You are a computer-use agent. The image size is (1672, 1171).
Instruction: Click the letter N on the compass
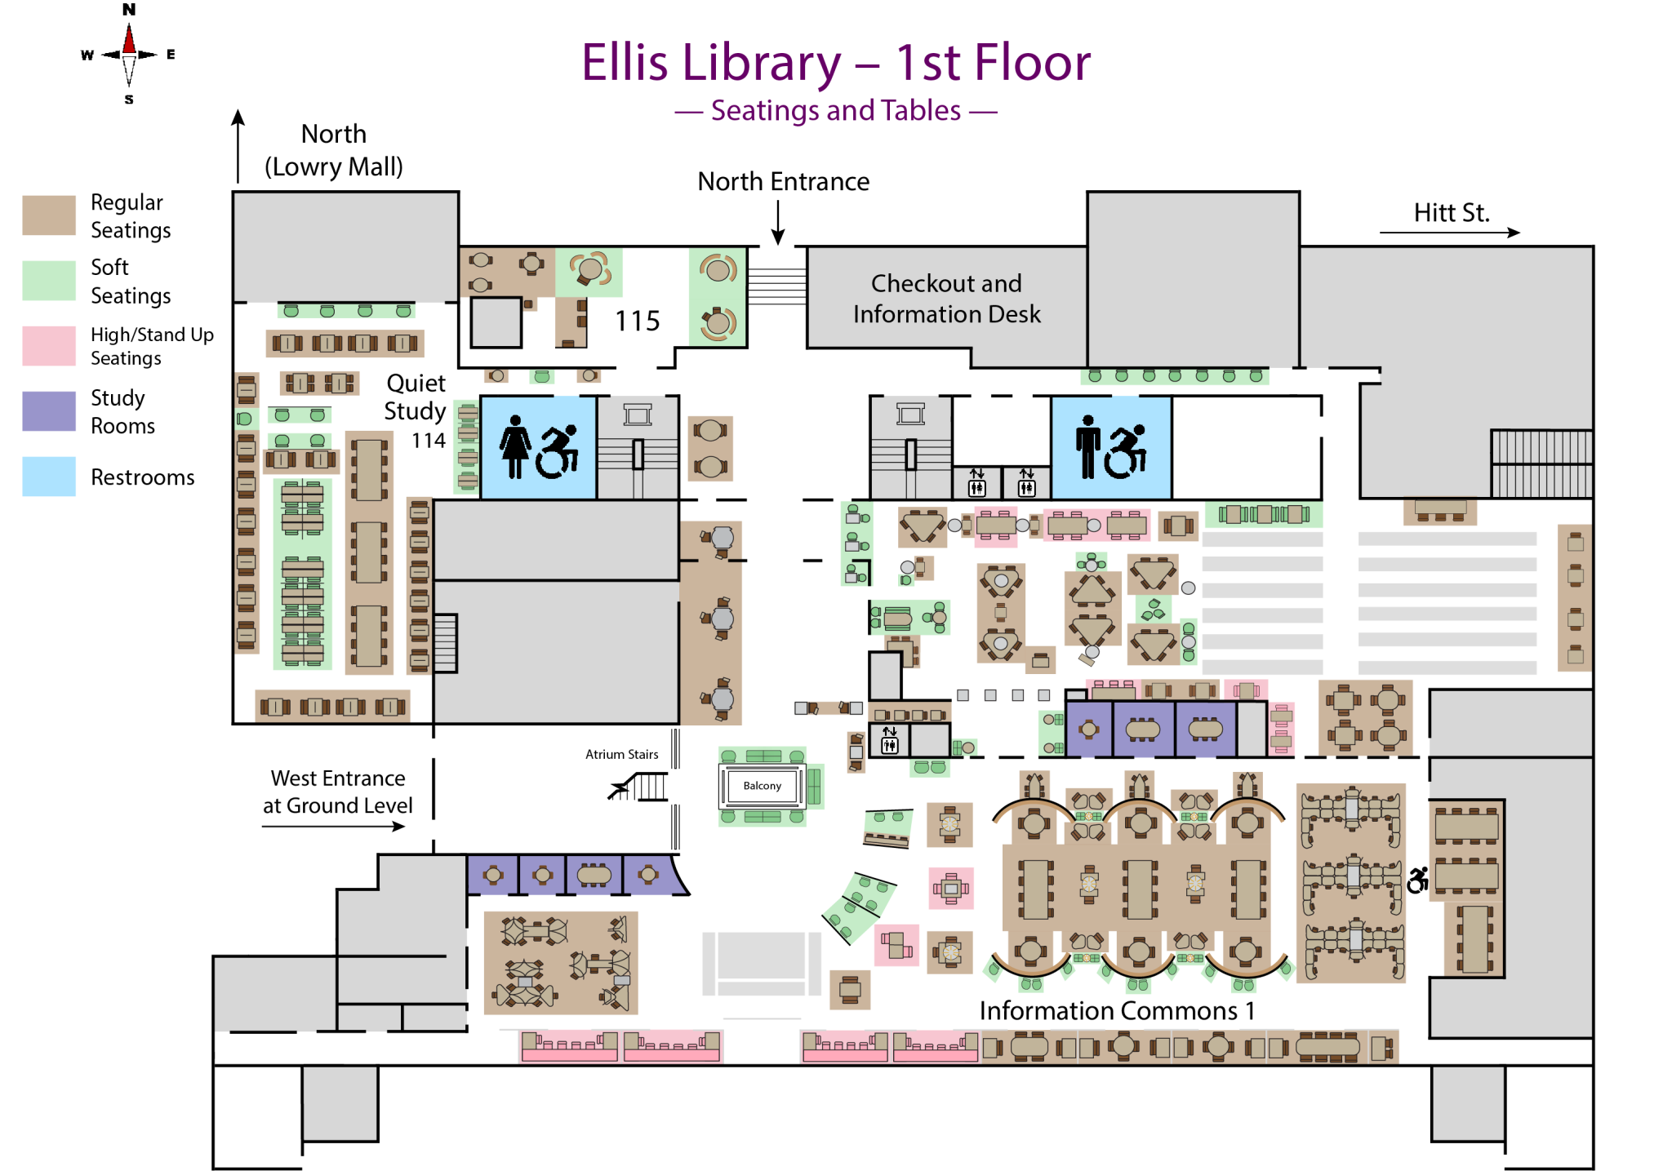(129, 10)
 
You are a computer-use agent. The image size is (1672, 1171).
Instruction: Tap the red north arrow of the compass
(129, 39)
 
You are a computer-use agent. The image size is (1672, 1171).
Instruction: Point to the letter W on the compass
(87, 55)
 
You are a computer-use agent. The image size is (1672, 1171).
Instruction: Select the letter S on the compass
(129, 100)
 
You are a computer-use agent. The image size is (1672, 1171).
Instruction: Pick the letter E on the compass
(171, 55)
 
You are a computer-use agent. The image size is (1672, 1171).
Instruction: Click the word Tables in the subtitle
(923, 110)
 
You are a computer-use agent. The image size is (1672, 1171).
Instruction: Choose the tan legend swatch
(49, 215)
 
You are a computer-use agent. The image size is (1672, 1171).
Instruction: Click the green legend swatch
(49, 281)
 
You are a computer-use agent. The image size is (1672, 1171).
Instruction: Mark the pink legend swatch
(49, 346)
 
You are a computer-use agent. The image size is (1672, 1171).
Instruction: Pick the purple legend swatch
(49, 411)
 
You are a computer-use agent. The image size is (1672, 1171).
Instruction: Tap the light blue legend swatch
(49, 477)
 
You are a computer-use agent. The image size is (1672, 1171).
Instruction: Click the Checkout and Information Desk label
(946, 299)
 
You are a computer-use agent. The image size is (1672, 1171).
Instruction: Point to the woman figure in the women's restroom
(515, 446)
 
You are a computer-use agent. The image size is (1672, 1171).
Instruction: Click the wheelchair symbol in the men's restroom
(1126, 451)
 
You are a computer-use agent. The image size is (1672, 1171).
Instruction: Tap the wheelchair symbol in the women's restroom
(558, 451)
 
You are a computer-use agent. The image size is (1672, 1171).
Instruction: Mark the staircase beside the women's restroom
(638, 448)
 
